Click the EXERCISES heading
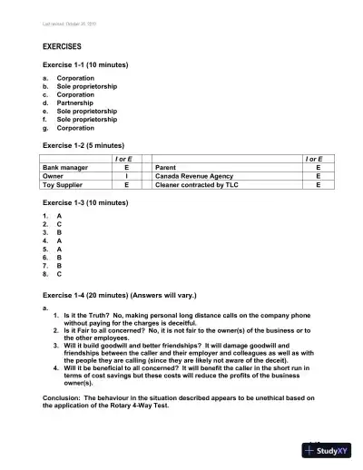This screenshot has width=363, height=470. [x=63, y=44]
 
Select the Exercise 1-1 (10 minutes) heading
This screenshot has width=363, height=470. [x=85, y=66]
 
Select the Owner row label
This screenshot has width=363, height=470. [x=55, y=176]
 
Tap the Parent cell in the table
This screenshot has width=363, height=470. [x=165, y=168]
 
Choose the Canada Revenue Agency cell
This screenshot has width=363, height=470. [x=196, y=176]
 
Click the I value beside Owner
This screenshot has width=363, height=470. [x=126, y=176]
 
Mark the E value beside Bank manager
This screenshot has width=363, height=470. [x=126, y=168]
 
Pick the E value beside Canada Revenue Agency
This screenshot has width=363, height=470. [x=318, y=176]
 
